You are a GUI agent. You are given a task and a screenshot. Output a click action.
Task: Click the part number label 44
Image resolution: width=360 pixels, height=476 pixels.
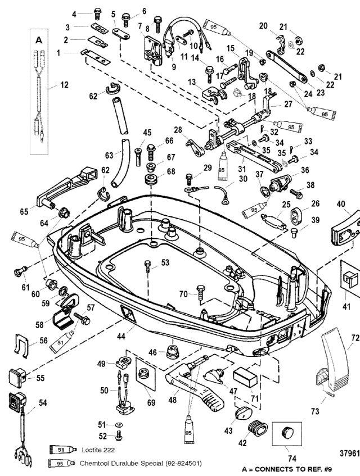coord(121,336)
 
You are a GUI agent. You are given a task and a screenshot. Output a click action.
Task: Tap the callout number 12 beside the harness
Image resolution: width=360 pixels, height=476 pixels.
coord(64,85)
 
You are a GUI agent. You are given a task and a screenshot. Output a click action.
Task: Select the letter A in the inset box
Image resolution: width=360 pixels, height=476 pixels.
coord(39,40)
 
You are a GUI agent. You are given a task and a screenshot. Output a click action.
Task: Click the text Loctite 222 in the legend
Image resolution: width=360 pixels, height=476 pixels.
coord(98,450)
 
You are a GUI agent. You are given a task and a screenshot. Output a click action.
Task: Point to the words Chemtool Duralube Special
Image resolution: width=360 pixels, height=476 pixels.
coord(121,463)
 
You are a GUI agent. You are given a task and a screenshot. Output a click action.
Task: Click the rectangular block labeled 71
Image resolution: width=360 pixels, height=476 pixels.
coord(245,377)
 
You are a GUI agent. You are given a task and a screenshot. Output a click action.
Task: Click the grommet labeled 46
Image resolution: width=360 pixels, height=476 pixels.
coord(173,352)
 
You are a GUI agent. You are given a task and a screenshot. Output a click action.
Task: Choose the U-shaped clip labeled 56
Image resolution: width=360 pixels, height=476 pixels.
coord(21,344)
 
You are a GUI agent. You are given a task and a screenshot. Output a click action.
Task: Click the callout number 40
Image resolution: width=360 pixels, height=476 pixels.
coord(341,203)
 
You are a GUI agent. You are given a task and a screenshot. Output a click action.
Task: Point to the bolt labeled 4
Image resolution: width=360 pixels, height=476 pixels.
coord(98,14)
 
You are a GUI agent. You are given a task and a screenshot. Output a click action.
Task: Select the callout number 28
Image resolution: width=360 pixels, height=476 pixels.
coord(178,130)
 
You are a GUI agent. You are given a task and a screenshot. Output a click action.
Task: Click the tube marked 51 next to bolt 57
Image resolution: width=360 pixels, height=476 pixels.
coord(62,342)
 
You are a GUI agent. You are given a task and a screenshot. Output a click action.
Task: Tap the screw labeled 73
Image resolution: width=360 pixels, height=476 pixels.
coord(330,395)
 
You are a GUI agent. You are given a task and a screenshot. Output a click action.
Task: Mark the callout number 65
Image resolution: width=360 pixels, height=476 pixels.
coord(24,211)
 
